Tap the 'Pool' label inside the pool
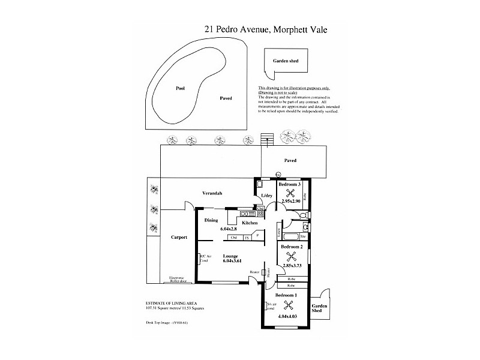point(180,88)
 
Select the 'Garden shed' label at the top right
point(286,61)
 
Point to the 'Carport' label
point(179,237)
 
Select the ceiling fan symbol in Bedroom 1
point(286,304)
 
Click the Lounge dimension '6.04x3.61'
point(232,261)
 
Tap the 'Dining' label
point(211,220)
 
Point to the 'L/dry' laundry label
point(266,197)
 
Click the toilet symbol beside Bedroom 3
point(305,215)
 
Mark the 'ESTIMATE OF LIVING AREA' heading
point(171,303)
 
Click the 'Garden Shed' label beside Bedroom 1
point(319,308)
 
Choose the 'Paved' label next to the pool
point(226,98)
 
